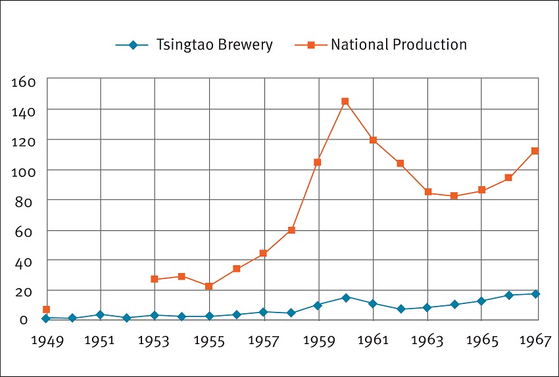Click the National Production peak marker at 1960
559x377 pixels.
(345, 101)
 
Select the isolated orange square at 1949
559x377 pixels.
(46, 309)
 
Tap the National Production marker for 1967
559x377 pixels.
(535, 151)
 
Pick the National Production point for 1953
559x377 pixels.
(155, 279)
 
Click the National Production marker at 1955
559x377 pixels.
(209, 286)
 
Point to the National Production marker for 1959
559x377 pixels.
(318, 162)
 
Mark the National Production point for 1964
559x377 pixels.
(454, 196)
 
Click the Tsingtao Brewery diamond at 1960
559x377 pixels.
(345, 297)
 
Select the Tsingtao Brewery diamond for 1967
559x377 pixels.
(535, 293)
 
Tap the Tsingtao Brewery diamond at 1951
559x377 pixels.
(100, 314)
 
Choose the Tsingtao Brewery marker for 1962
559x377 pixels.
(400, 309)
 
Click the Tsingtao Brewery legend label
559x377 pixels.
(214, 45)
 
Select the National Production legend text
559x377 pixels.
(399, 45)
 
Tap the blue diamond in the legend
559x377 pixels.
(134, 45)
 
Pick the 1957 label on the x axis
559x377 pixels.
(263, 341)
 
